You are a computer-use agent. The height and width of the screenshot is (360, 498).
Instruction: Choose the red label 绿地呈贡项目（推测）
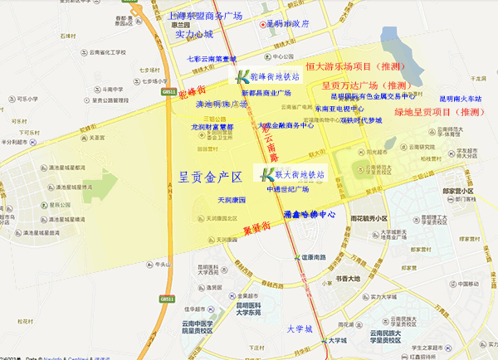coord(440,111)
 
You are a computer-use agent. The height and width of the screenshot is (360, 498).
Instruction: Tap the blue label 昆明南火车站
coord(461,98)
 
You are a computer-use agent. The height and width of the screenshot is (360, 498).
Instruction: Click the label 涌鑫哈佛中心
coord(309,214)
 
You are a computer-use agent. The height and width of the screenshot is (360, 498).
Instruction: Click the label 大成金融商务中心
coord(286,126)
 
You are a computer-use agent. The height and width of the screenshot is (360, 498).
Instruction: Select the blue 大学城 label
coord(299,328)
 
